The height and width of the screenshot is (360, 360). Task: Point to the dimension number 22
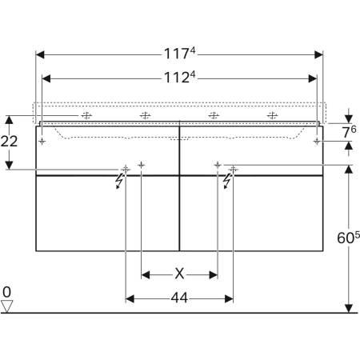click(x=10, y=142)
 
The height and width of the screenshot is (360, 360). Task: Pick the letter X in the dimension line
click(x=180, y=274)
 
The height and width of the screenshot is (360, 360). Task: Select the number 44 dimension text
click(x=179, y=298)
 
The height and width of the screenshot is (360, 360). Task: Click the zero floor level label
click(x=7, y=292)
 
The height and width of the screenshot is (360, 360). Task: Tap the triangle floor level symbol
click(x=8, y=306)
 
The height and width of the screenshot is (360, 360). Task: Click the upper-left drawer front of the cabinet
click(x=108, y=148)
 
